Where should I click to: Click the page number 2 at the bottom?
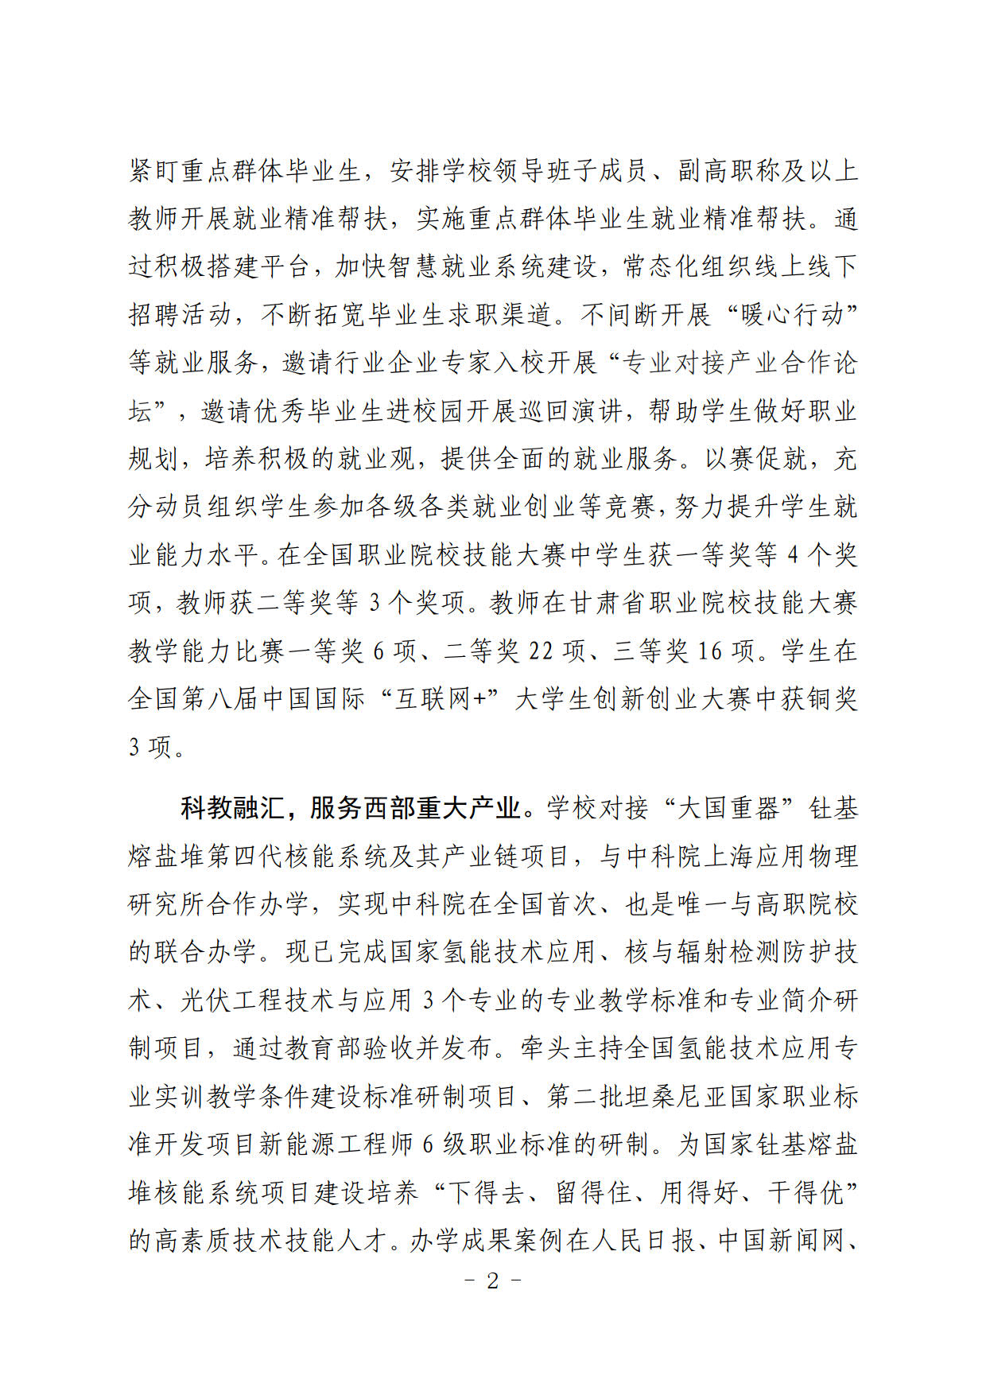(492, 1280)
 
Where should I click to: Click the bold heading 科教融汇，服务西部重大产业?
(351, 808)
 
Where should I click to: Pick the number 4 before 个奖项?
(793, 555)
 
